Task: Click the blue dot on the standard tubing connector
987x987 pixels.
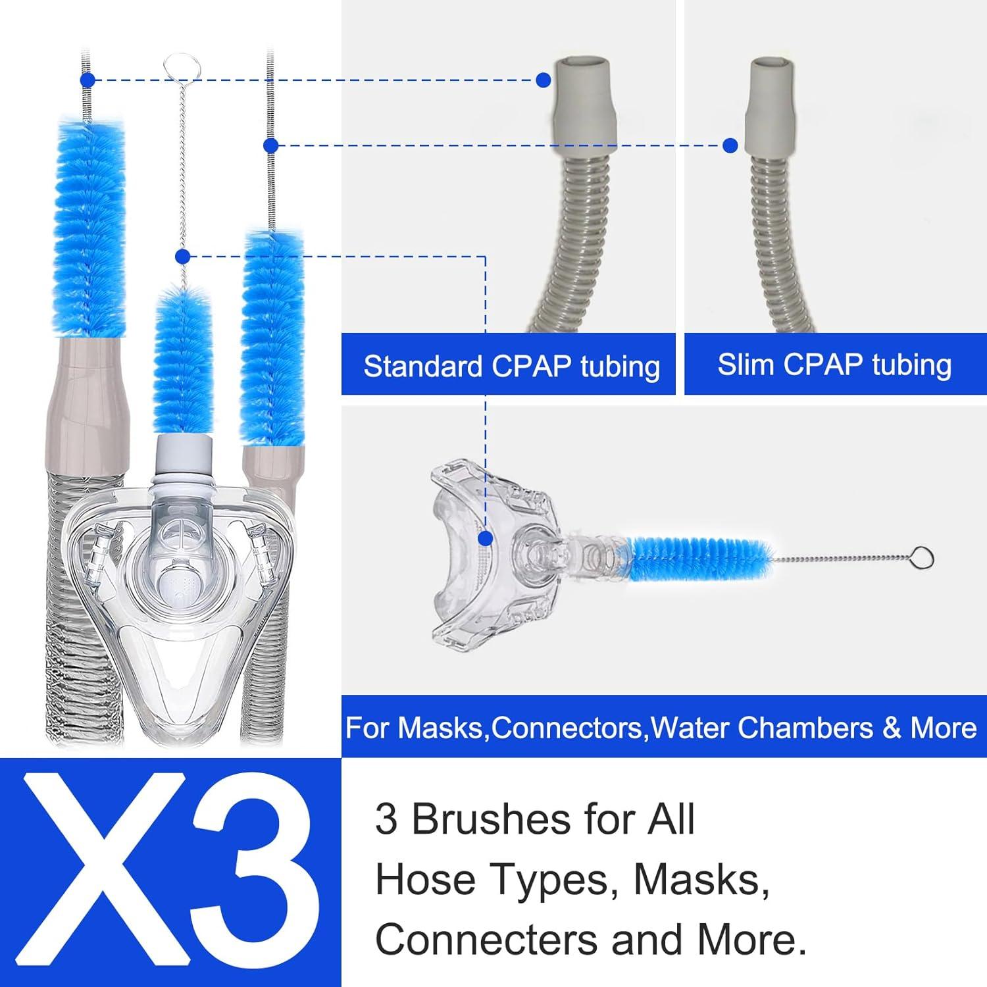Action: pyautogui.click(x=543, y=80)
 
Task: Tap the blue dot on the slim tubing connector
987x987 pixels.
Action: pyautogui.click(x=730, y=145)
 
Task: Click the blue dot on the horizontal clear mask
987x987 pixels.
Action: pyautogui.click(x=486, y=539)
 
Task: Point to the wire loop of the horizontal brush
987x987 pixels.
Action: pyautogui.click(x=923, y=559)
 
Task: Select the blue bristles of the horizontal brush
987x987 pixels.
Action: pyautogui.click(x=697, y=555)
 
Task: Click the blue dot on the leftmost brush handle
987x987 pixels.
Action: pyautogui.click(x=87, y=80)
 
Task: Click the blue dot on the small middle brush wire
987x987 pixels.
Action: pyautogui.click(x=183, y=256)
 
